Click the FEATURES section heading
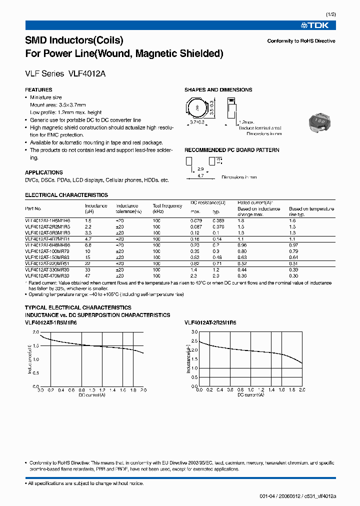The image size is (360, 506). (x=38, y=90)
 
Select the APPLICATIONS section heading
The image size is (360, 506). (x=44, y=172)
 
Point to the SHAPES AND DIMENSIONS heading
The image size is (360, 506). (x=218, y=90)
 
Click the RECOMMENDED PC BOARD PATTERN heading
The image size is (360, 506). (x=232, y=150)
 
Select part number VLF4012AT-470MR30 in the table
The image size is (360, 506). (x=47, y=275)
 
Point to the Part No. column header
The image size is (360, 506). (x=33, y=208)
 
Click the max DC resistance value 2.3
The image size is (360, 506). (x=193, y=275)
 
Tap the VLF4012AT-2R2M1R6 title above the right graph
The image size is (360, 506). (x=210, y=323)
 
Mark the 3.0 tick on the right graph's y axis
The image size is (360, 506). (x=195, y=332)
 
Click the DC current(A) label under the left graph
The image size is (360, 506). (x=91, y=395)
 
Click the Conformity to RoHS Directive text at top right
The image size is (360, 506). (x=301, y=41)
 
